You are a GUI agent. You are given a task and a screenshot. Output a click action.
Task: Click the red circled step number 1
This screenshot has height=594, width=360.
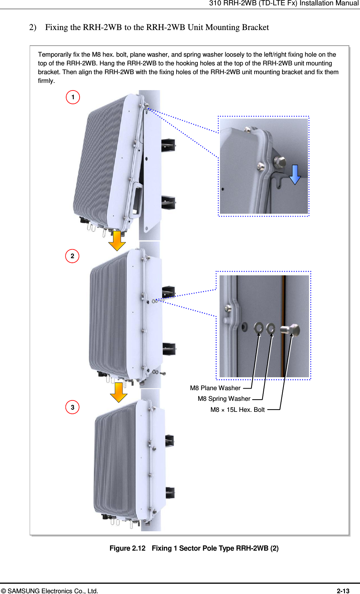(x=73, y=97)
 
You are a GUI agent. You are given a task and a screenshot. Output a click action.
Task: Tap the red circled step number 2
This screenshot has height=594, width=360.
(x=72, y=256)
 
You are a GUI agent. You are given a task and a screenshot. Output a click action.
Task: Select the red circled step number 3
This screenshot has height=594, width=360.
(x=72, y=407)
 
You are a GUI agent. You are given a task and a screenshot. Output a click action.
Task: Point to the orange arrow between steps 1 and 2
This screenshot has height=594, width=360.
(x=117, y=240)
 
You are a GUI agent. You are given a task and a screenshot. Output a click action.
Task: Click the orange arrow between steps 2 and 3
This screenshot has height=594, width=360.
(x=118, y=392)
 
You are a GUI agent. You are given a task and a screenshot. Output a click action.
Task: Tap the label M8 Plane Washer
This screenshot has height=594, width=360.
(x=215, y=388)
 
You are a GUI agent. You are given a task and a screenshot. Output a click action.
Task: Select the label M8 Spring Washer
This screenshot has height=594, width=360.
(x=224, y=399)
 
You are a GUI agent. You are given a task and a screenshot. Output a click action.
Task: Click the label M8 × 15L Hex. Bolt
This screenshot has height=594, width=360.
(x=237, y=410)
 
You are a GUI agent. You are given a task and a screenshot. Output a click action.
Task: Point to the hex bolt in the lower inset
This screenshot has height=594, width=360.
(x=291, y=329)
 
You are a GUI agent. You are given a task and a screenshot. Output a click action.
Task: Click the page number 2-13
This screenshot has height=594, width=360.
(x=343, y=591)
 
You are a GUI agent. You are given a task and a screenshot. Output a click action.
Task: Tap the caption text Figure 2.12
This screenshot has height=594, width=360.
(x=127, y=548)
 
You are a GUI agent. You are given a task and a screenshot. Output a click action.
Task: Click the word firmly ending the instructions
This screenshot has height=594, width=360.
(x=46, y=81)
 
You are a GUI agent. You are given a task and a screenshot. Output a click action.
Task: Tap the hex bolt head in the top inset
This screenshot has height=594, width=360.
(x=280, y=162)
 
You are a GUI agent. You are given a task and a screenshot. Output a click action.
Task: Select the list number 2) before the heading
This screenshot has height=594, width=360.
(x=33, y=27)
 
